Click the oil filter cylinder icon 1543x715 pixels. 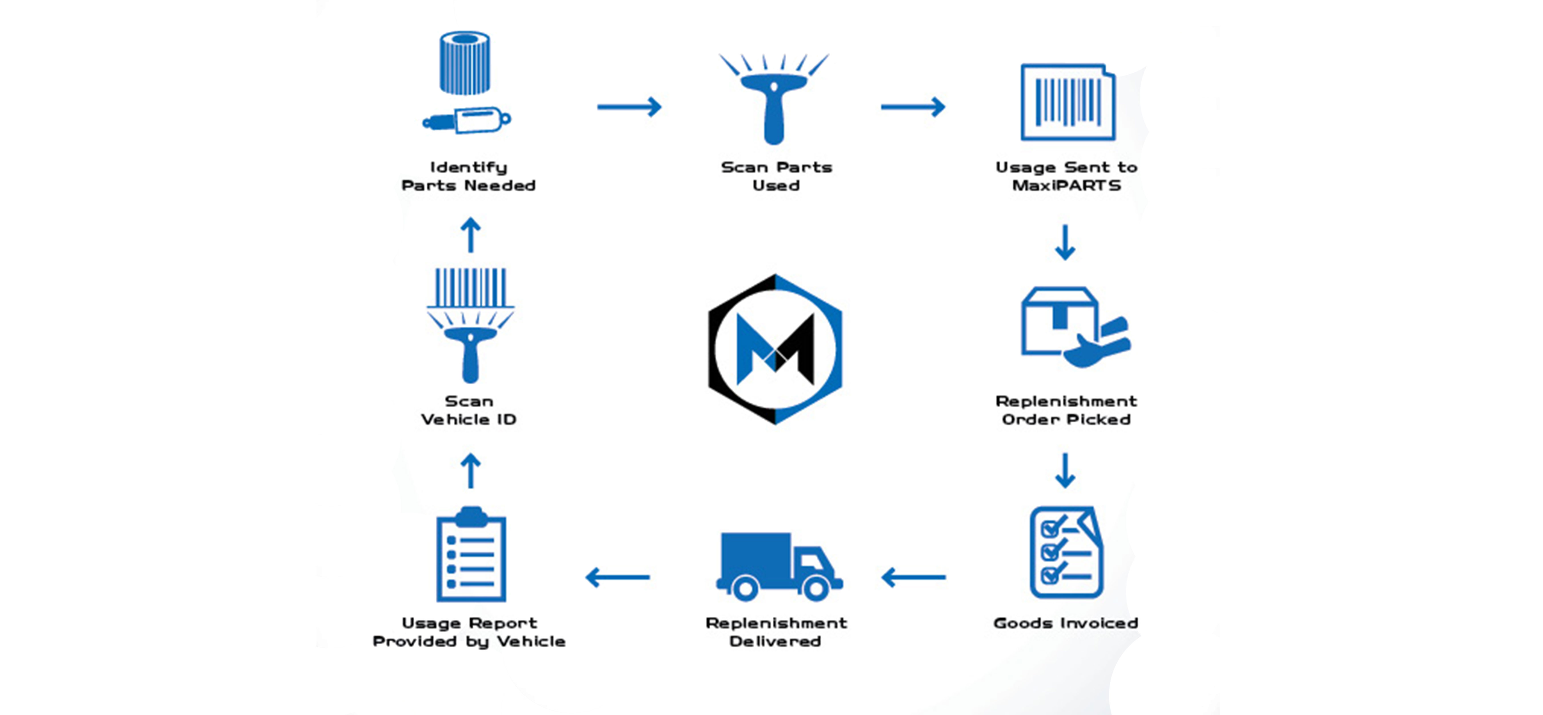465,63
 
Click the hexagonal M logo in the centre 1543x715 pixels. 775,349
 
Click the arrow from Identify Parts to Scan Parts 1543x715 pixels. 629,107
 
